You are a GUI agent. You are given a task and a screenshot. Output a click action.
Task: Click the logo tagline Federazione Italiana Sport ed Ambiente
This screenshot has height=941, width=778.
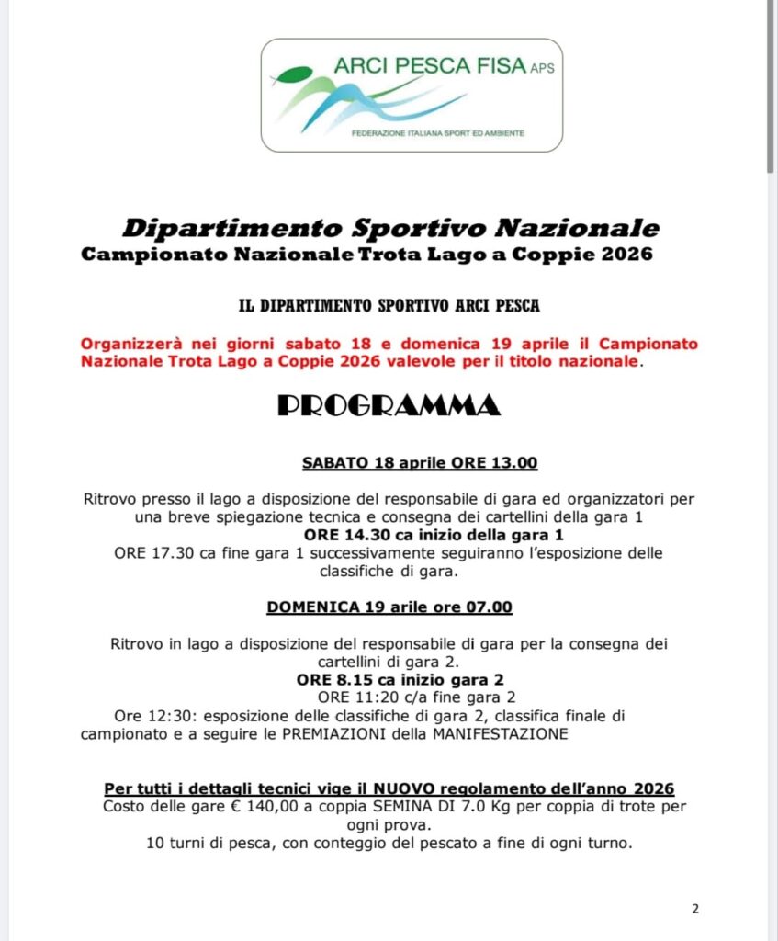pos(438,134)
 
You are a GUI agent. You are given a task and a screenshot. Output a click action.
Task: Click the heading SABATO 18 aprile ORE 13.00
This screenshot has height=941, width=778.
pos(420,462)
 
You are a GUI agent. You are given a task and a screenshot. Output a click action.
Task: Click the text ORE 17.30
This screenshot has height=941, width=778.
pos(149,552)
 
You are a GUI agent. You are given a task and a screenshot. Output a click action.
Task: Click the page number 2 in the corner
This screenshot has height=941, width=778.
pos(695,910)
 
